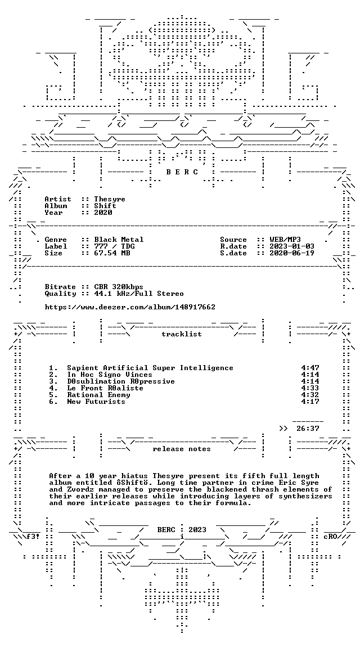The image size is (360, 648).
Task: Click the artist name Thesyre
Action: (110, 199)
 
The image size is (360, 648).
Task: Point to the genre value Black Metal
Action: (119, 240)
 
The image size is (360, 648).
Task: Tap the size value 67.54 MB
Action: (112, 253)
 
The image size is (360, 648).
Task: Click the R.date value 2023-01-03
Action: (292, 246)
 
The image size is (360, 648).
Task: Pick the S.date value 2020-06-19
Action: (292, 253)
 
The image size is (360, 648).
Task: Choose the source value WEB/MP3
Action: (285, 240)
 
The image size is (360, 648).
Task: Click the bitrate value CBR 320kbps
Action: (119, 287)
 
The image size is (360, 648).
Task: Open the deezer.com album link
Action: (130, 307)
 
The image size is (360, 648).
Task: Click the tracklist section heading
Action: (182, 334)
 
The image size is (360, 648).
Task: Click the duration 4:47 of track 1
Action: (310, 368)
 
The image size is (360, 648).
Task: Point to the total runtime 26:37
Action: (308, 429)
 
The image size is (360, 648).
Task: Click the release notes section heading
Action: (182, 449)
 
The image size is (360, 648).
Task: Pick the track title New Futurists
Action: (96, 401)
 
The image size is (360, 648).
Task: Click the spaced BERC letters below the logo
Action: (182, 172)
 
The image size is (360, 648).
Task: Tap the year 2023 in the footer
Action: (197, 530)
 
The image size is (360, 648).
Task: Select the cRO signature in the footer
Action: (331, 537)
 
